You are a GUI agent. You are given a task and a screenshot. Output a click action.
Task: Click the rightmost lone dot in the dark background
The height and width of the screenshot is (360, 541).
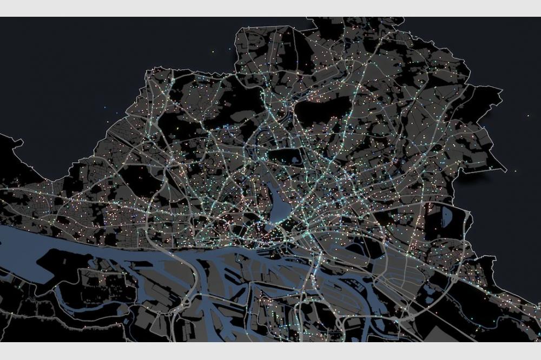(x=529, y=115)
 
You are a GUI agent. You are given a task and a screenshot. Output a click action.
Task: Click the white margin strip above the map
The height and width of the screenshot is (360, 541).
(x=270, y=8)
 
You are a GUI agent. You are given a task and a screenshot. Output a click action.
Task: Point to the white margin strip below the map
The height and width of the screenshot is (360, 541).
(x=270, y=351)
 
